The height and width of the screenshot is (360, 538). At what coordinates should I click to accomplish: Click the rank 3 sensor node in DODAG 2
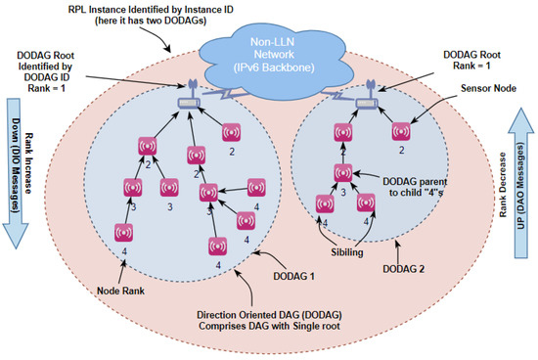[x=342, y=172]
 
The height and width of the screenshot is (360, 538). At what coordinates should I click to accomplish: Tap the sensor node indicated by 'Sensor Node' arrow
[x=399, y=131]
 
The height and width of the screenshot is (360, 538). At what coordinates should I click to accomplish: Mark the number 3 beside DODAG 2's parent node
[x=343, y=193]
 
